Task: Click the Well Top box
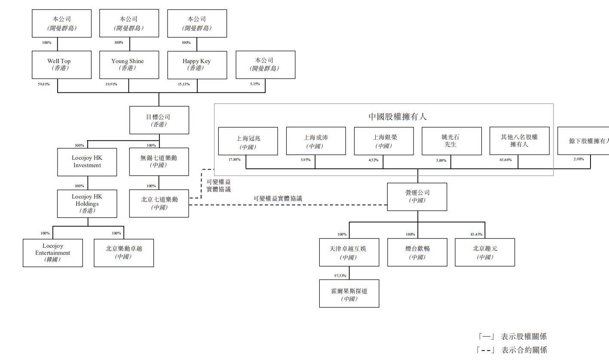coord(61,64)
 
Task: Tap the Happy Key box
coord(196,64)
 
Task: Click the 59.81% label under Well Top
coord(43,84)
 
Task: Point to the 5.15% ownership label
coord(255,84)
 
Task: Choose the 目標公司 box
coord(159,120)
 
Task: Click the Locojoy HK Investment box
coord(87,162)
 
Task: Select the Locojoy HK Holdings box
coord(87,203)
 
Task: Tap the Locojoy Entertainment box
coord(52,253)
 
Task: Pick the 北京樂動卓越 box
coord(124,253)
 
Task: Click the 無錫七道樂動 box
coord(159,162)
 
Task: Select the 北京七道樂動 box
coord(159,203)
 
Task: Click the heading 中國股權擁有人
coord(398,116)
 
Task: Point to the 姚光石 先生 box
coord(451,141)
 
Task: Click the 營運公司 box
coord(417,197)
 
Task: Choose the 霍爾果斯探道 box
coord(349,294)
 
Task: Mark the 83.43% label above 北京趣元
coord(476,235)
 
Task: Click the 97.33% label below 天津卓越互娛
coord(340,275)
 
